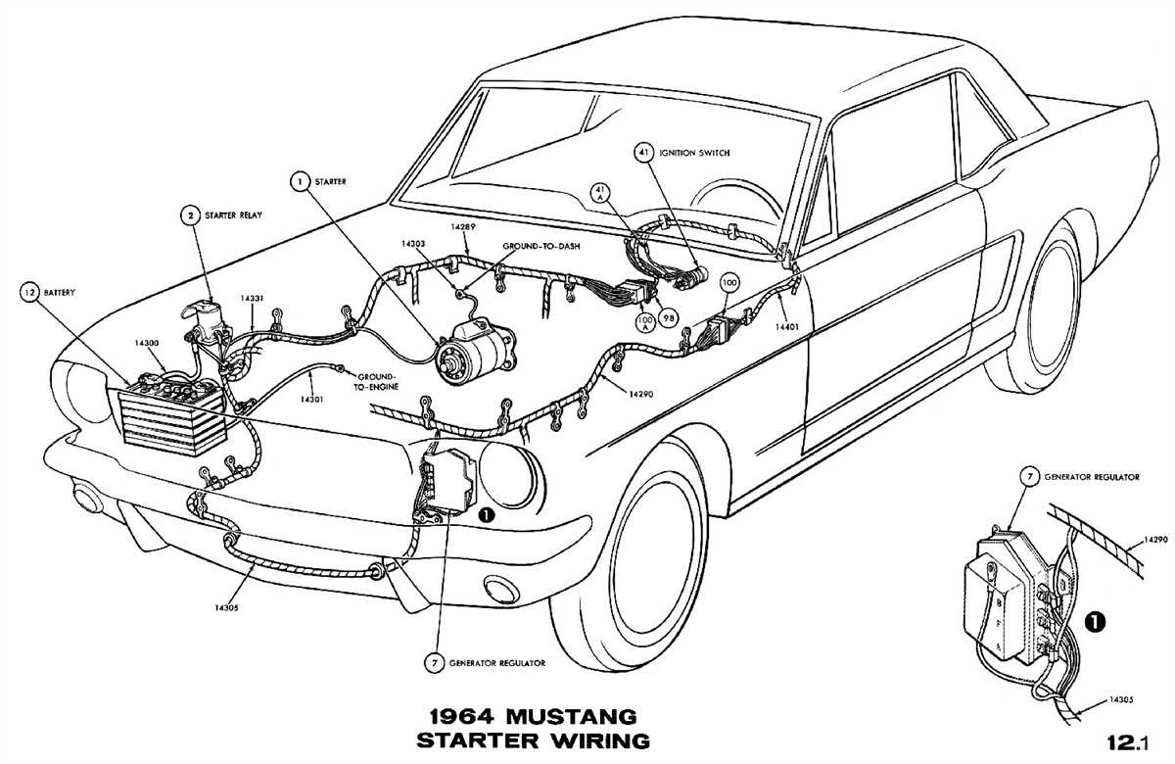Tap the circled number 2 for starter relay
coord(185,215)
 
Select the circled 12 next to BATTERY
coord(30,292)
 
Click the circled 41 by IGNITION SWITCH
coord(643,153)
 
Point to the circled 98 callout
coord(669,318)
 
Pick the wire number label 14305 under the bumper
coord(224,607)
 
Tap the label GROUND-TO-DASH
coord(541,246)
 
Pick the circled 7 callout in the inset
coord(1029,477)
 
